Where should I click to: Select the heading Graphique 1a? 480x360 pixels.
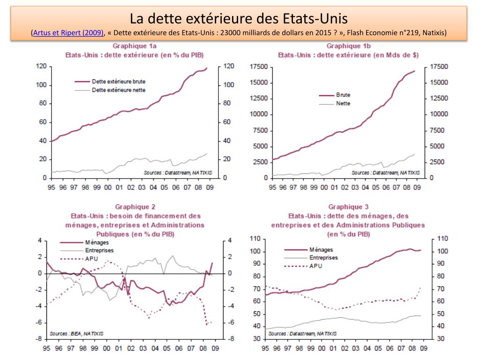click(134, 46)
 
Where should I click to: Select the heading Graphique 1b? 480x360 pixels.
click(348, 46)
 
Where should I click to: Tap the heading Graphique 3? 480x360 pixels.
click(348, 206)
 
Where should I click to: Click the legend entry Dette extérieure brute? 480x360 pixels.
click(119, 81)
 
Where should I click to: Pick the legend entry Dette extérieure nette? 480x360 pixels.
click(119, 90)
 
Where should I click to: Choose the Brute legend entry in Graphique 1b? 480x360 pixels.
click(343, 95)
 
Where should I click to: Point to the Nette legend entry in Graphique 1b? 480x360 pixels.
click(343, 104)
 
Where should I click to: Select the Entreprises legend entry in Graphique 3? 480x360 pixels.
click(323, 258)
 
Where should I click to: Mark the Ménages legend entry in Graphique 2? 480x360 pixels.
click(84, 242)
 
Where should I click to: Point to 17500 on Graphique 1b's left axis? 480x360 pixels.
click(258, 67)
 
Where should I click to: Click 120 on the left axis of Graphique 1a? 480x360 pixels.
click(41, 66)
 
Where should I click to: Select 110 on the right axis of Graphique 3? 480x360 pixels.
click(442, 239)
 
